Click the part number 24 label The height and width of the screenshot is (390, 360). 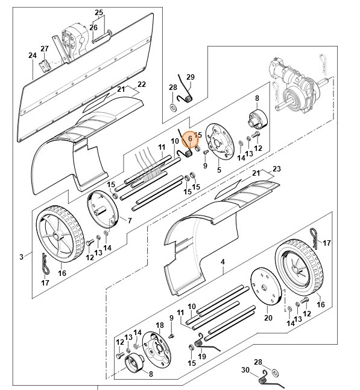click(33, 55)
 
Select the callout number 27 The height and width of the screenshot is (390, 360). click(45, 48)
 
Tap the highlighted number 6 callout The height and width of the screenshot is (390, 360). click(191, 139)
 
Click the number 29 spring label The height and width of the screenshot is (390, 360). click(191, 77)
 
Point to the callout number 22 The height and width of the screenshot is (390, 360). click(141, 85)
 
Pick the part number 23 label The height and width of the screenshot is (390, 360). click(277, 169)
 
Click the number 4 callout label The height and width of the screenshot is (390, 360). click(223, 261)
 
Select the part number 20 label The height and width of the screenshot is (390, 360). click(268, 318)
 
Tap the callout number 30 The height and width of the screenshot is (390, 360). click(245, 370)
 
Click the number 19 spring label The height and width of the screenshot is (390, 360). click(202, 356)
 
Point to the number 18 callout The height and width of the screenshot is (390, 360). click(160, 325)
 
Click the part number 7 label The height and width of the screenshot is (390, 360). click(130, 220)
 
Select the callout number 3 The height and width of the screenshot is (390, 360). click(21, 257)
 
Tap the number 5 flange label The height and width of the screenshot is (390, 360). click(219, 170)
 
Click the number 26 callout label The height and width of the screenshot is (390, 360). click(93, 27)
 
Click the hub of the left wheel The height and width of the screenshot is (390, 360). click(56, 235)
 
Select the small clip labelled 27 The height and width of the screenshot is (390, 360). click(44, 66)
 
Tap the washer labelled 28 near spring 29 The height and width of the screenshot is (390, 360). click(172, 107)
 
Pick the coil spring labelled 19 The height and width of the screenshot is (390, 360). click(199, 344)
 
